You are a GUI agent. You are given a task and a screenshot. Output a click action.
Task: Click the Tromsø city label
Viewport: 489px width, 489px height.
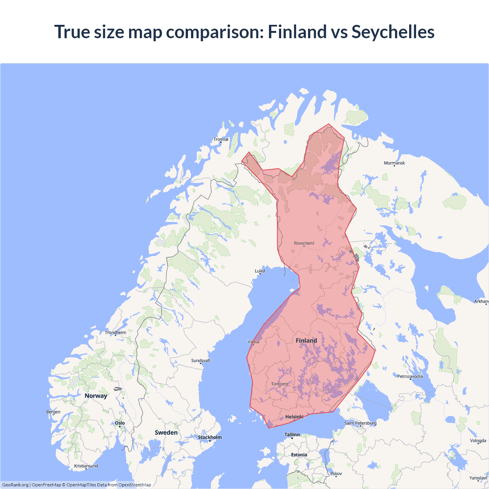(x=221, y=139)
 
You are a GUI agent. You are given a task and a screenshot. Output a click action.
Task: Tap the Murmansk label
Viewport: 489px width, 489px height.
(x=394, y=163)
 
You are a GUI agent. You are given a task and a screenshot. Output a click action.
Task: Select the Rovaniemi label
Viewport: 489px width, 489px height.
(x=304, y=243)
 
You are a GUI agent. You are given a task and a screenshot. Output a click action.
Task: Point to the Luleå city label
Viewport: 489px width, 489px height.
(x=260, y=271)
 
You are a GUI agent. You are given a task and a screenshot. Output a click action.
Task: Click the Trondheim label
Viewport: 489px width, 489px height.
(x=115, y=333)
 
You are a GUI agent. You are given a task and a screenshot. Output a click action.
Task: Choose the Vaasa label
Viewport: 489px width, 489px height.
(x=253, y=342)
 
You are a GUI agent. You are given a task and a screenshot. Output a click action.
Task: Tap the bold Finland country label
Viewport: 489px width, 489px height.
(x=306, y=341)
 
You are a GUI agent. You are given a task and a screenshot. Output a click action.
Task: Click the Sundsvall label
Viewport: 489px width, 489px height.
(x=201, y=361)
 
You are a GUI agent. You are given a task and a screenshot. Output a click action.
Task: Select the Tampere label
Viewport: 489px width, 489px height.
(x=280, y=384)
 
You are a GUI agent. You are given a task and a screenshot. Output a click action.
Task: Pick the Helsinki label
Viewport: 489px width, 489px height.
(x=295, y=417)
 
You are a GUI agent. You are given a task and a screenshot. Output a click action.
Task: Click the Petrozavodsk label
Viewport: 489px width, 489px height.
(x=410, y=377)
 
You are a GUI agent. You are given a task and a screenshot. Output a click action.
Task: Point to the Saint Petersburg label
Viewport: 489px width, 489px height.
(x=360, y=423)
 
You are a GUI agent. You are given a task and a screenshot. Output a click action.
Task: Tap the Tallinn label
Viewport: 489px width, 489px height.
(x=292, y=435)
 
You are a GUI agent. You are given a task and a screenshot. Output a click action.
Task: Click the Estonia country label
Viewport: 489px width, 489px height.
(x=299, y=455)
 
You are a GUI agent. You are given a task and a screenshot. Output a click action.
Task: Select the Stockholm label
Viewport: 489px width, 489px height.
(x=210, y=437)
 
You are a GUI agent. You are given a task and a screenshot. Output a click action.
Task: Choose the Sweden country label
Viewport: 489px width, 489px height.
(x=166, y=433)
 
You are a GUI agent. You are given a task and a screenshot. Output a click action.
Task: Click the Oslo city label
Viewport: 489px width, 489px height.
(x=120, y=423)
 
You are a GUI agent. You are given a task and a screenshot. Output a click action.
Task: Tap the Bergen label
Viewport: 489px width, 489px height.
(x=53, y=412)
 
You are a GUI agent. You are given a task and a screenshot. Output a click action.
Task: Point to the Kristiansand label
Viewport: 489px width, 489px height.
(x=86, y=466)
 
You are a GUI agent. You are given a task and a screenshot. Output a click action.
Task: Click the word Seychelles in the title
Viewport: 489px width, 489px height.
(x=393, y=32)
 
